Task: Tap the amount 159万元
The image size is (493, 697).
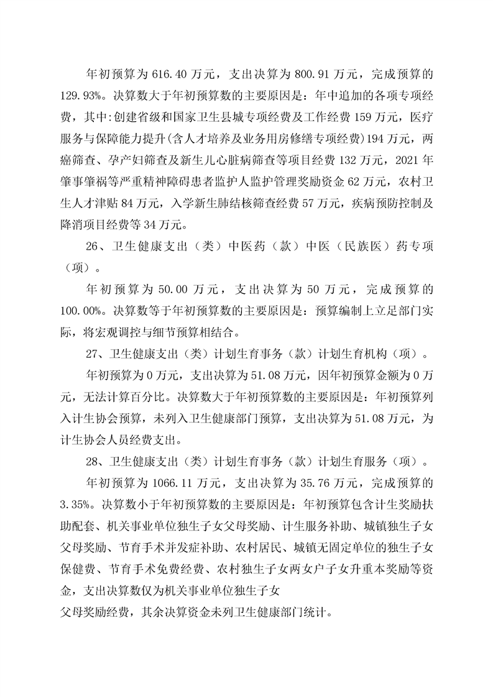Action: [377, 116]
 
